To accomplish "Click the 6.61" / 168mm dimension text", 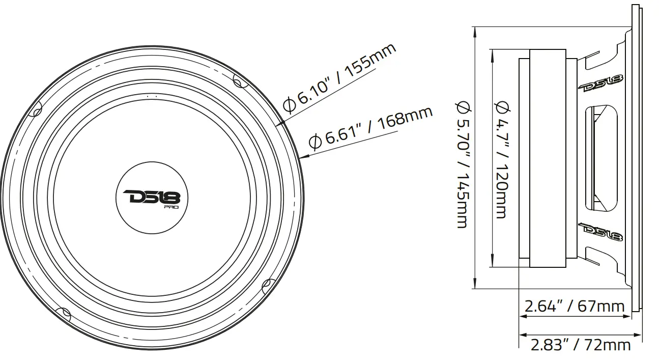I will pyautogui.click(x=371, y=127).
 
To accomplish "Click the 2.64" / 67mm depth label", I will pyautogui.click(x=574, y=306).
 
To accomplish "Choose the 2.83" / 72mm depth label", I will pyautogui.click(x=580, y=345).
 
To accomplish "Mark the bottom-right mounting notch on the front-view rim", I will pyautogui.click(x=266, y=286).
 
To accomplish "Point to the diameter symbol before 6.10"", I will pyautogui.click(x=289, y=105).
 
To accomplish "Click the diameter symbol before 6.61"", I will pyautogui.click(x=316, y=142).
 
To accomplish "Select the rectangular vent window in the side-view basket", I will pyautogui.click(x=600, y=157).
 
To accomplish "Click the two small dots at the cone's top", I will pyautogui.click(x=151, y=95).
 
